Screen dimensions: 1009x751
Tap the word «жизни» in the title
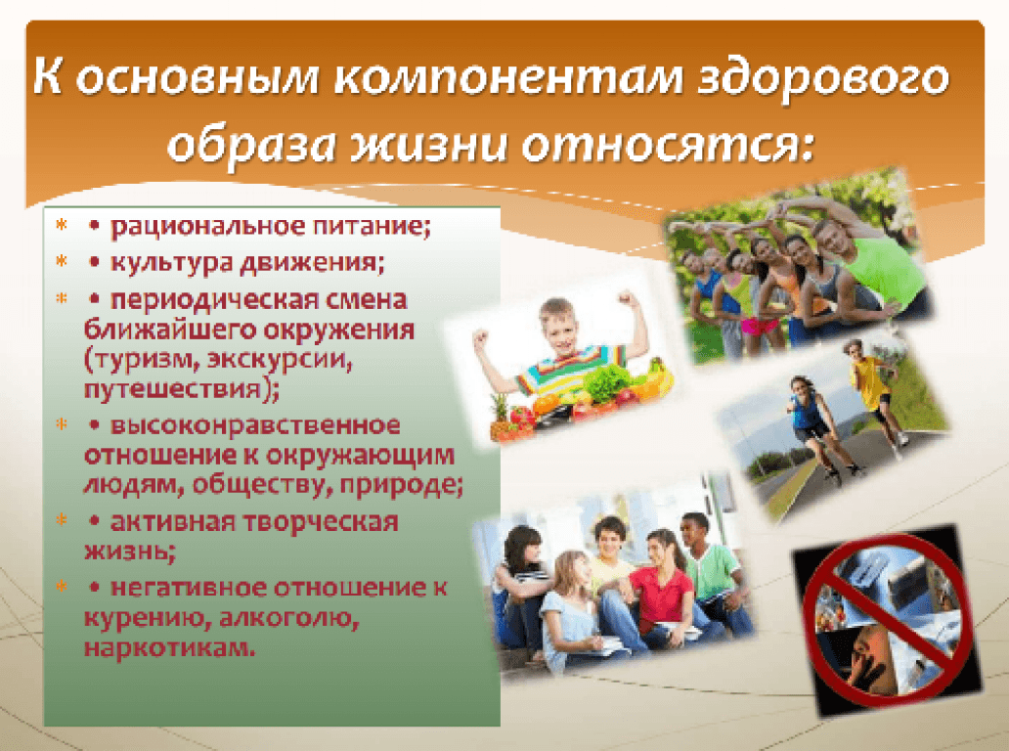click(x=428, y=145)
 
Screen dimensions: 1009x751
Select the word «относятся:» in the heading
click(x=668, y=146)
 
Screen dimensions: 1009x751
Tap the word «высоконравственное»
click(x=255, y=425)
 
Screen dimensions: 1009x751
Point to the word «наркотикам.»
click(x=170, y=646)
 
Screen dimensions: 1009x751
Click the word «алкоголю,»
click(x=289, y=618)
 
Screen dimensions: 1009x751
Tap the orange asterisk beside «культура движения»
click(x=62, y=261)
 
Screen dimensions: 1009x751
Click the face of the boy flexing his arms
click(x=558, y=327)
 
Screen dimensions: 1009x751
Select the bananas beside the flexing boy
click(x=657, y=379)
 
